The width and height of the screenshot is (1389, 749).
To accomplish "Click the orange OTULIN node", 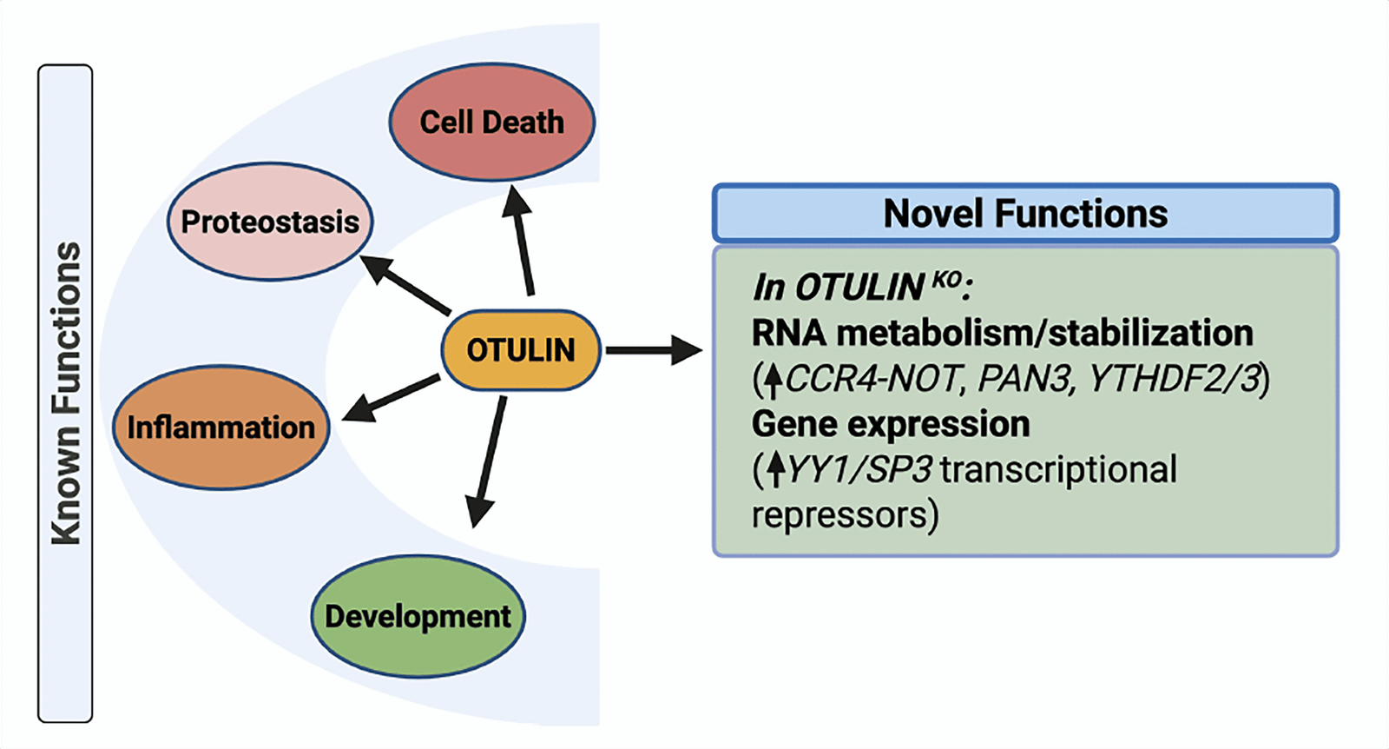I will click(521, 350).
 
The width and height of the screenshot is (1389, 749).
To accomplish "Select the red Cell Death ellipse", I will click(491, 123).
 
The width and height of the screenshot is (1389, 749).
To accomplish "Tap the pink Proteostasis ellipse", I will click(270, 222).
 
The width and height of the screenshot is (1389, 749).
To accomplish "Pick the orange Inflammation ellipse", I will click(221, 428).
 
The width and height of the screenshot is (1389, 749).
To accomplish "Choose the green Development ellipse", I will click(418, 617).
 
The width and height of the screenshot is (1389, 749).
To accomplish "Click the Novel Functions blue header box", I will click(1024, 214).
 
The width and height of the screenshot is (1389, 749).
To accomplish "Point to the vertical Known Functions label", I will click(65, 394).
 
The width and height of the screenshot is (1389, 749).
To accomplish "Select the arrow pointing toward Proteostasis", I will click(404, 283).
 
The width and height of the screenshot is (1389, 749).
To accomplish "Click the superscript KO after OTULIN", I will click(946, 279).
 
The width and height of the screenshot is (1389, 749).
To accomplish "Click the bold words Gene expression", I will click(891, 425).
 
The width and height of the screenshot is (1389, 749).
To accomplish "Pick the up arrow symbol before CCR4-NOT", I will click(773, 380).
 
